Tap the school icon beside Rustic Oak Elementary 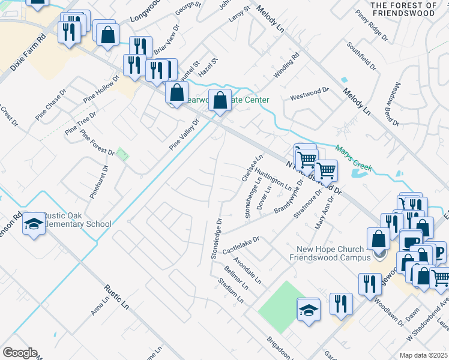34,224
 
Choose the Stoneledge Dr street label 217,239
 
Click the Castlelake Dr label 240,244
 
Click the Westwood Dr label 310,94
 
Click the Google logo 20,352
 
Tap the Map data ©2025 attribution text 423,355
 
